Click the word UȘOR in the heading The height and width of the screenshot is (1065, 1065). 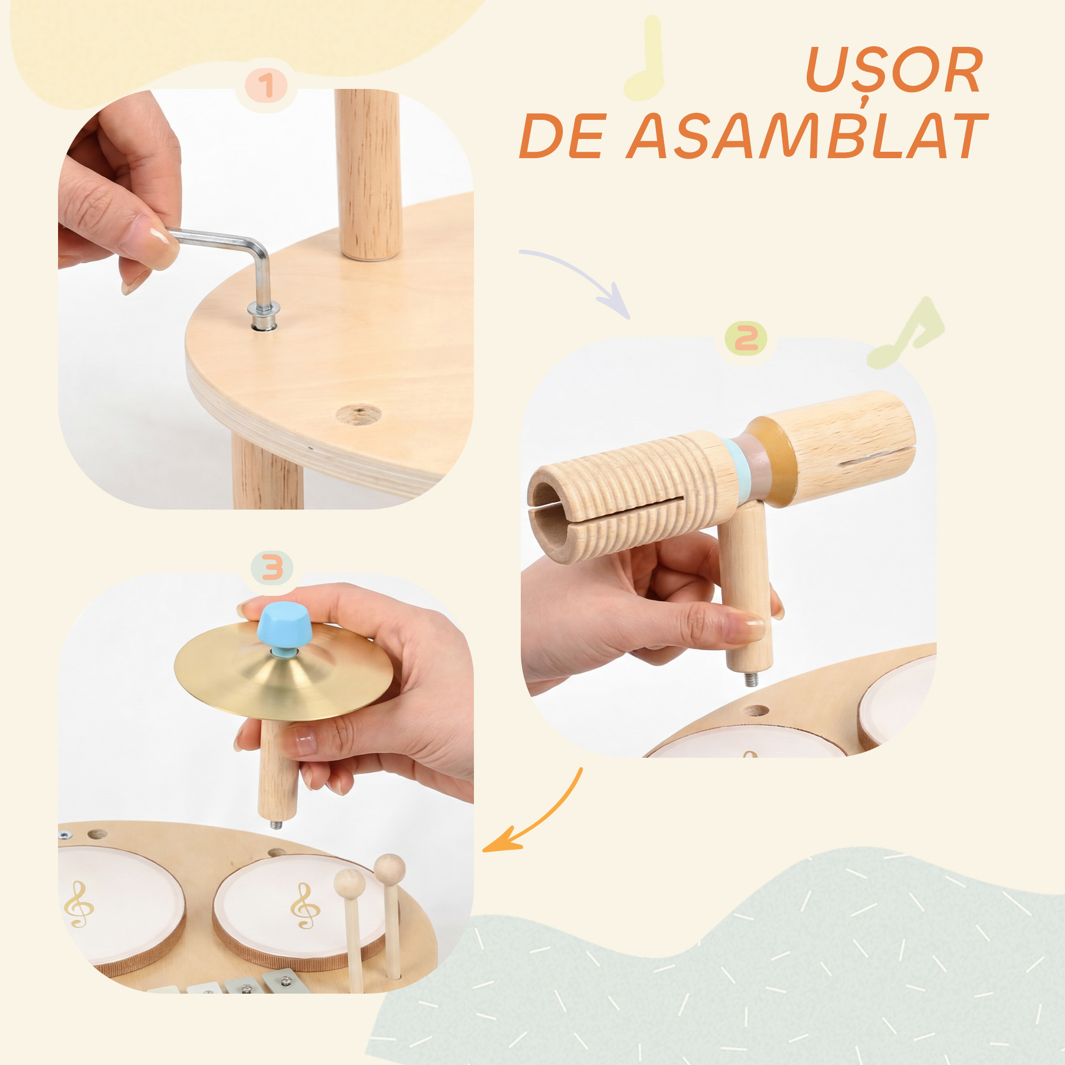pyautogui.click(x=894, y=71)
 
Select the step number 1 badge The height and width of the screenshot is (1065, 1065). pyautogui.click(x=266, y=86)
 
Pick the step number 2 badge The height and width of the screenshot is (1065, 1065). pyautogui.click(x=746, y=338)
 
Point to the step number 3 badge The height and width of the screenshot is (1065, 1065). pyautogui.click(x=272, y=568)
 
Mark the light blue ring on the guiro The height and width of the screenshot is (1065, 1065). pyautogui.click(x=736, y=469)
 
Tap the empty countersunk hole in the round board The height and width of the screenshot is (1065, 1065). pyautogui.click(x=358, y=414)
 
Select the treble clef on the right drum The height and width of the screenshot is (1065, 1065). pyautogui.click(x=305, y=906)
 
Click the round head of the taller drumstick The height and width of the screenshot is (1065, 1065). pyautogui.click(x=390, y=868)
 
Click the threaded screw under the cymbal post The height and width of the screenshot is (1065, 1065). pyautogui.click(x=276, y=825)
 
